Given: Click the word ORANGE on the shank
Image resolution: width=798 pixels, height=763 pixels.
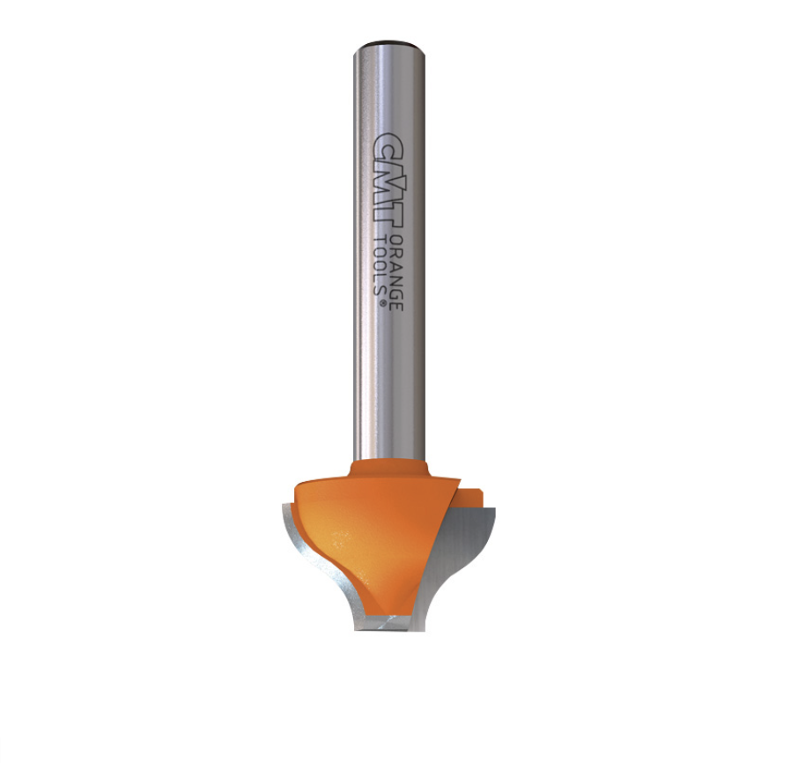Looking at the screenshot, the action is coord(398,274).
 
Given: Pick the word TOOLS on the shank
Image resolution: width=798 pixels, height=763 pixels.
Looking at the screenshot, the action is coord(381,267).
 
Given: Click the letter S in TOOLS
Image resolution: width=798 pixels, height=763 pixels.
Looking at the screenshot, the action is coord(381,290).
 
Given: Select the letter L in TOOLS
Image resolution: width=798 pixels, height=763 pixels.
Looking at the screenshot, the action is coord(381,279).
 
